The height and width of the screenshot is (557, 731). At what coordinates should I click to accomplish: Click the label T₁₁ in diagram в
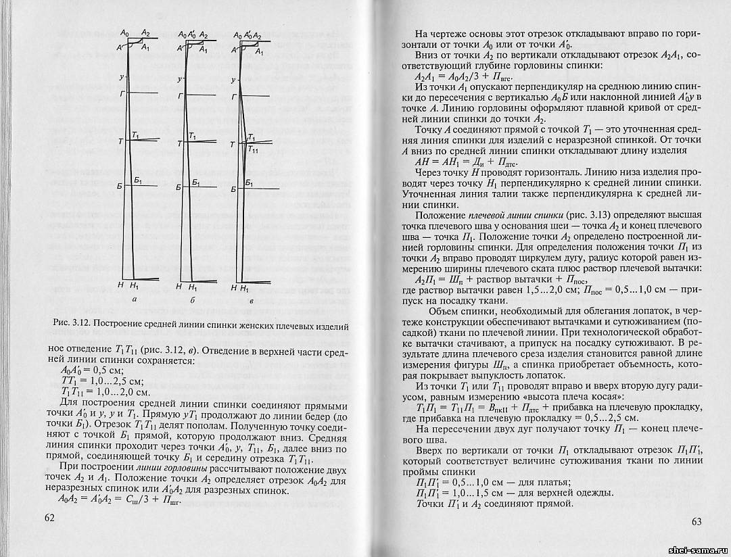(x=252, y=149)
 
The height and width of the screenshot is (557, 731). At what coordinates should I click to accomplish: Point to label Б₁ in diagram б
(x=195, y=183)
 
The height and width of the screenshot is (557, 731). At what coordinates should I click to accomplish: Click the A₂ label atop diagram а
(x=145, y=32)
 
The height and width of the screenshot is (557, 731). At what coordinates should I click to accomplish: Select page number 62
(x=49, y=518)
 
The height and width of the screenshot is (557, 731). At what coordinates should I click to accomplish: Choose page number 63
(x=697, y=520)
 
